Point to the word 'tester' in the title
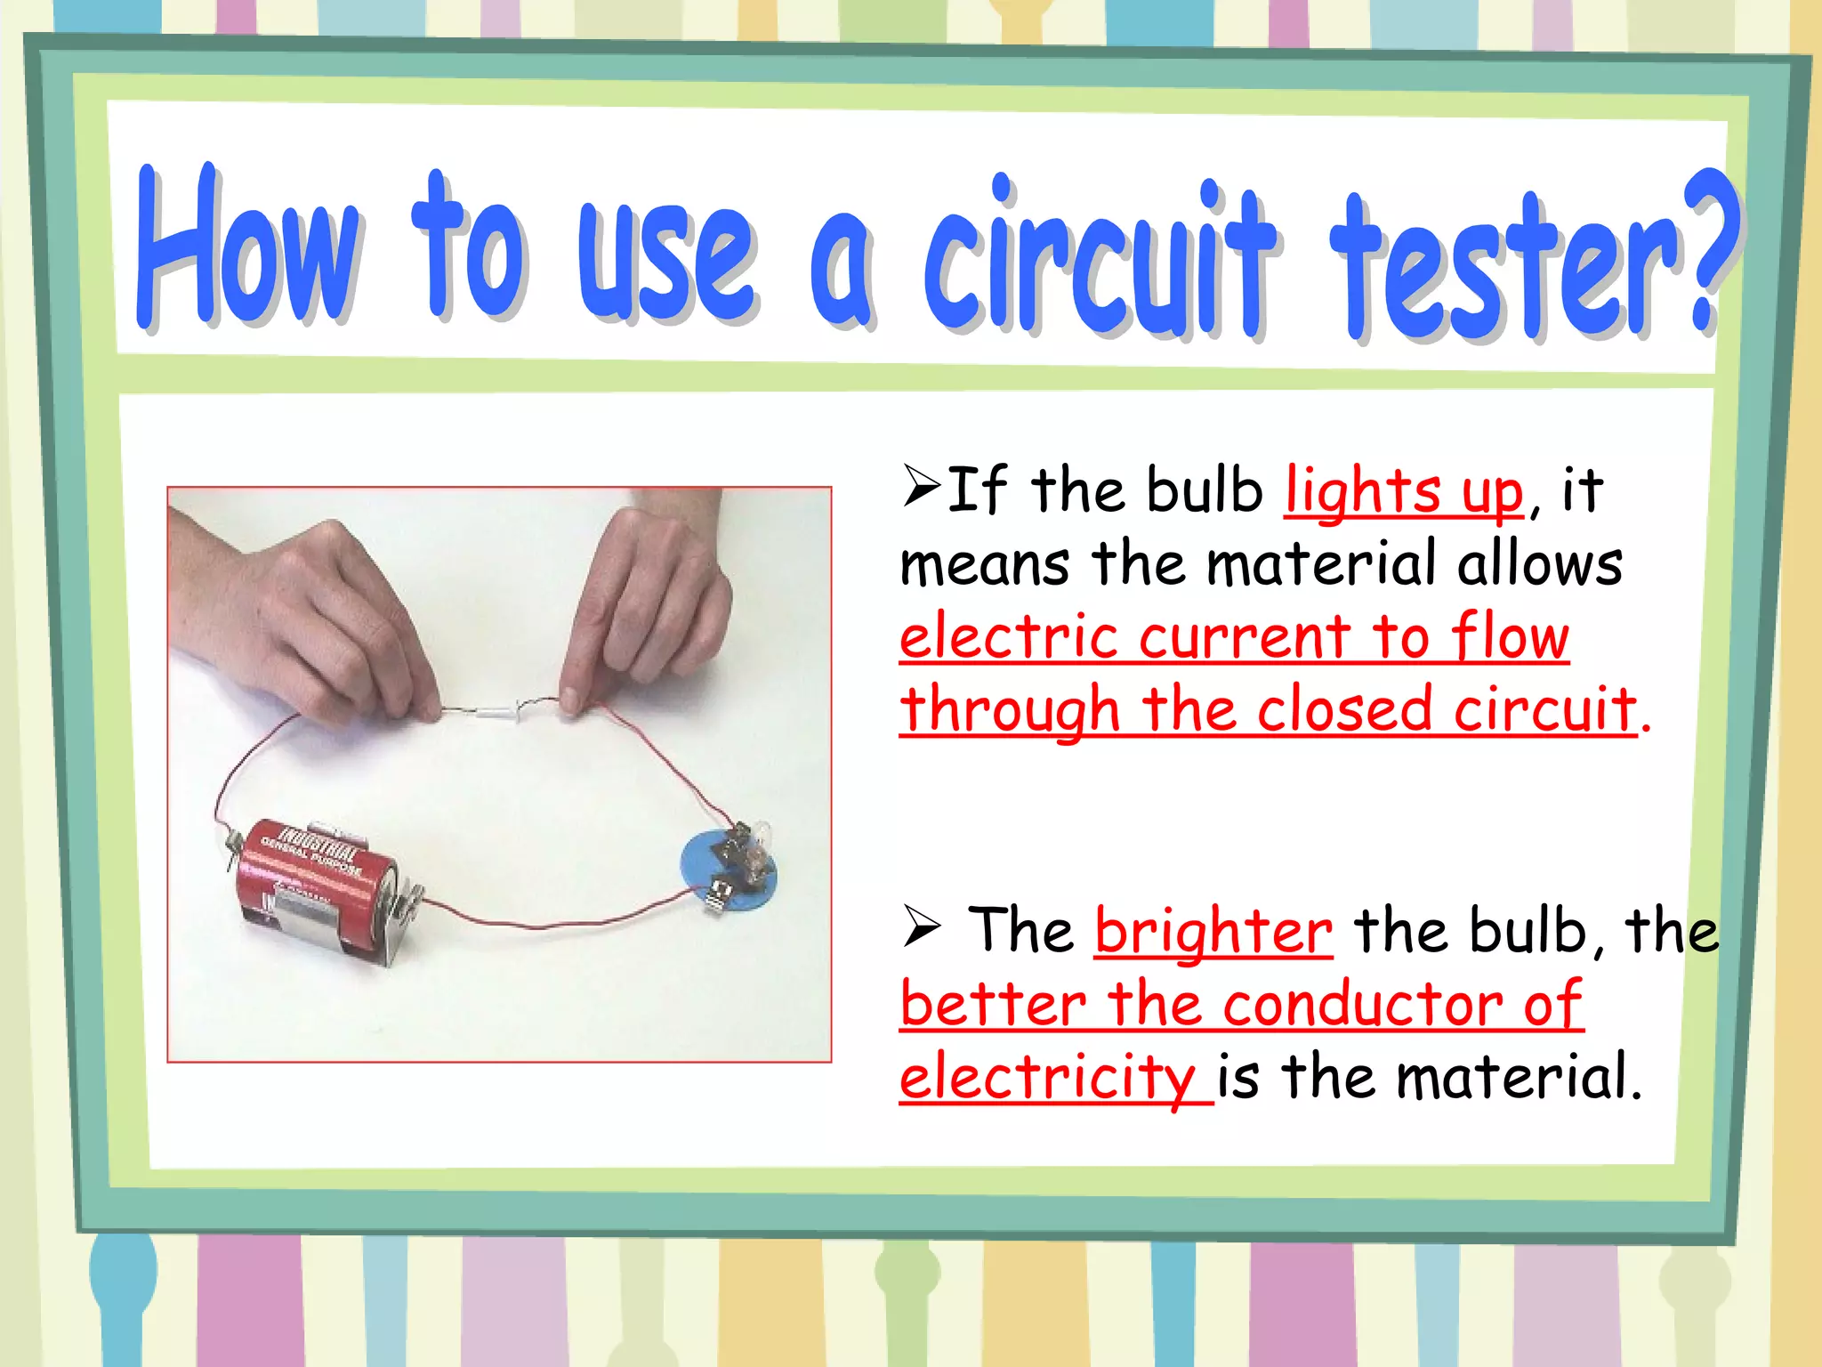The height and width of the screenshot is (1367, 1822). point(1504,267)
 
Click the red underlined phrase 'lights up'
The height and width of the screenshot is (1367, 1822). point(1404,491)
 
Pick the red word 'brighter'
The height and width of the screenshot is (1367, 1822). point(1213,931)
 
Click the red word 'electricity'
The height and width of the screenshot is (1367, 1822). point(1046,1077)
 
